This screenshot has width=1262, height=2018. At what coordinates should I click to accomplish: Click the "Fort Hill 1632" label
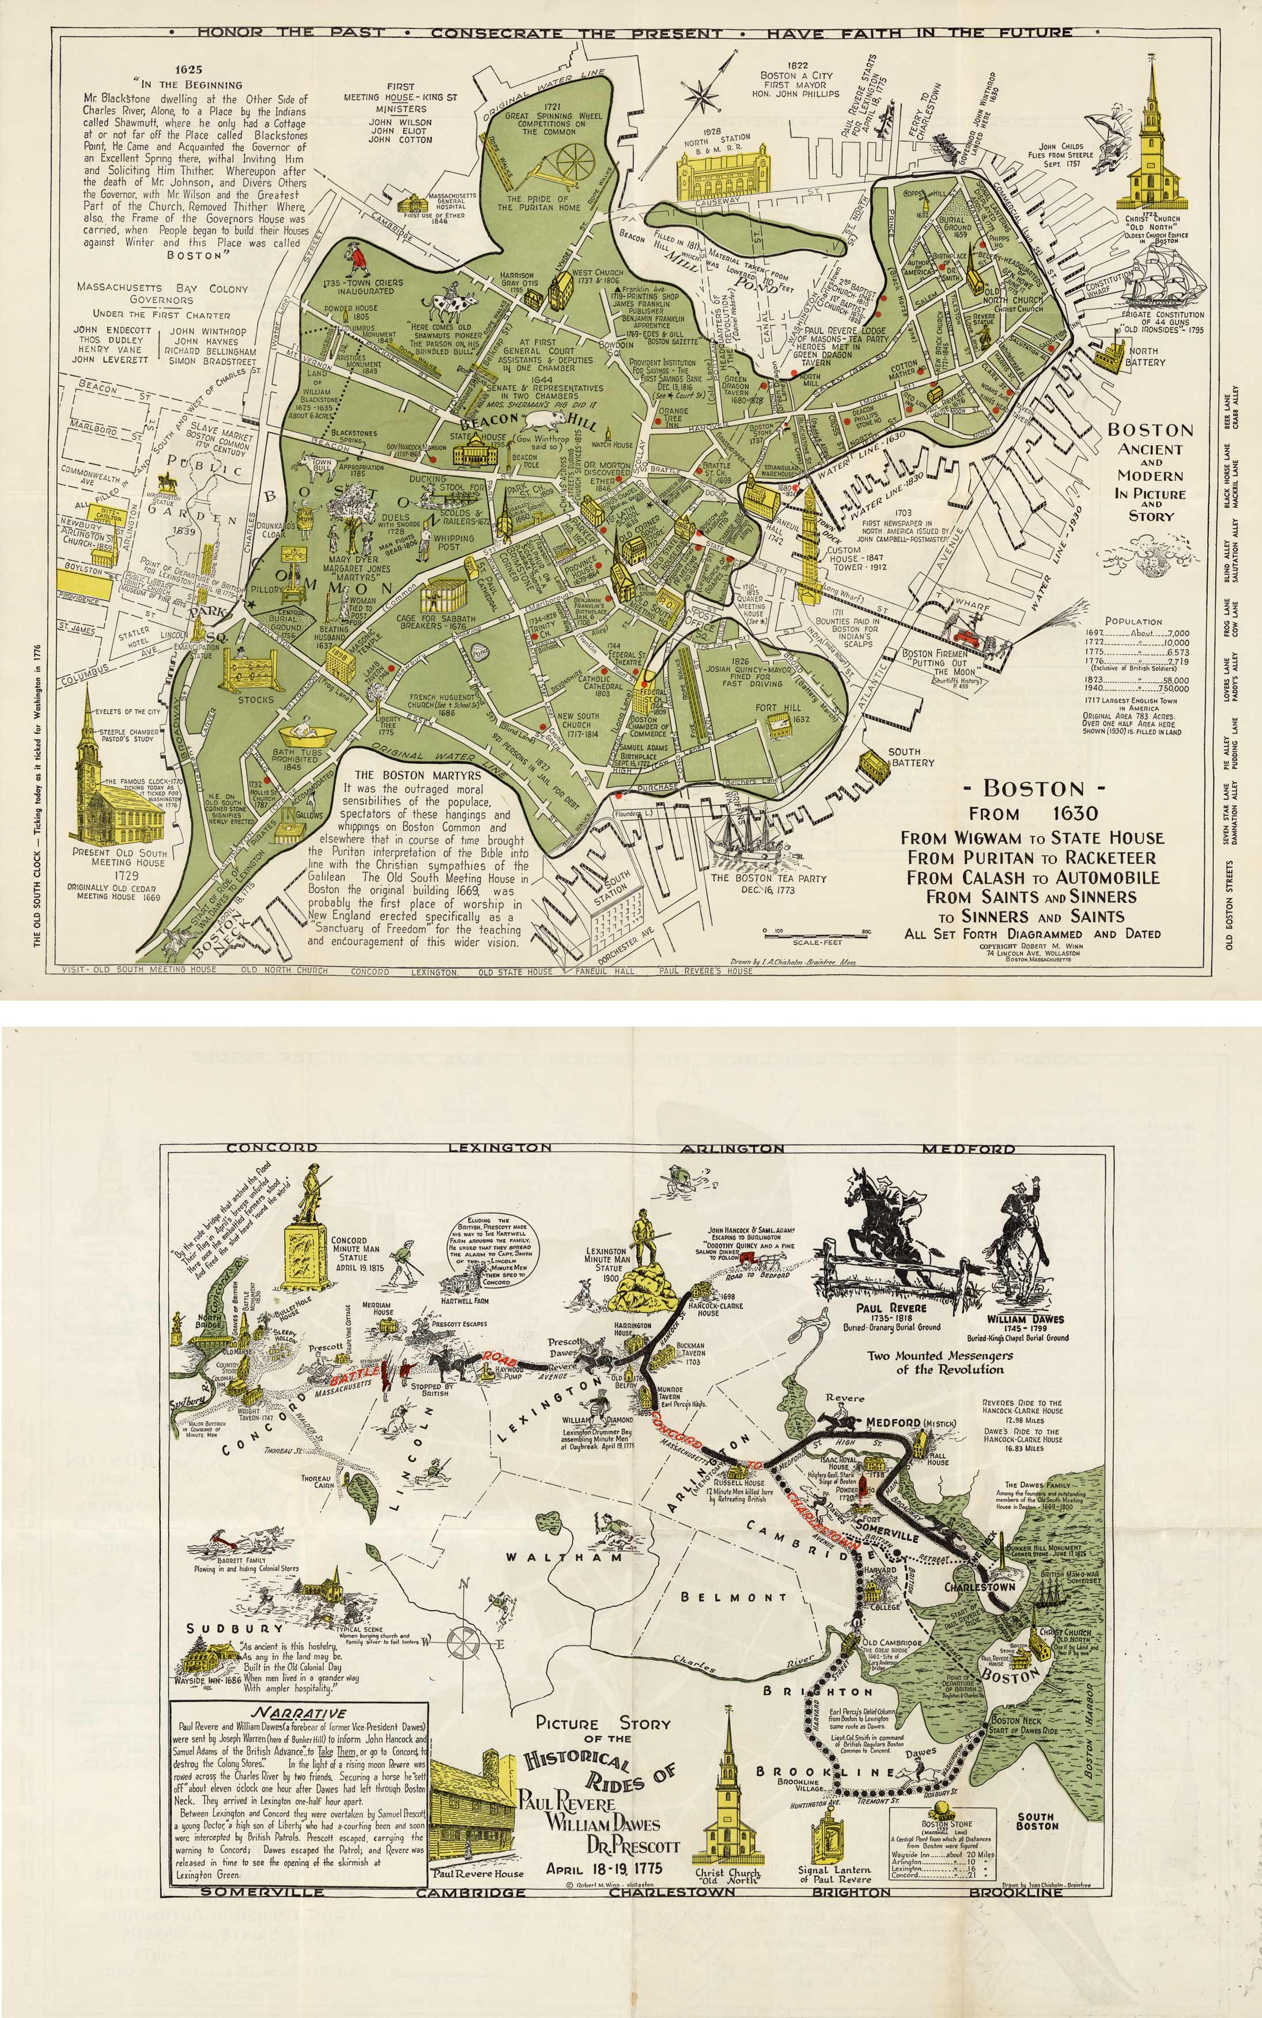[777, 712]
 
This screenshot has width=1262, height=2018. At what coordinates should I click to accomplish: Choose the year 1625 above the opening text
[184, 70]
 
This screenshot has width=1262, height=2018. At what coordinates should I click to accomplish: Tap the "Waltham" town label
[564, 1557]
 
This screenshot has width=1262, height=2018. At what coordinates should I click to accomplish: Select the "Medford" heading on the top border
[968, 1149]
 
